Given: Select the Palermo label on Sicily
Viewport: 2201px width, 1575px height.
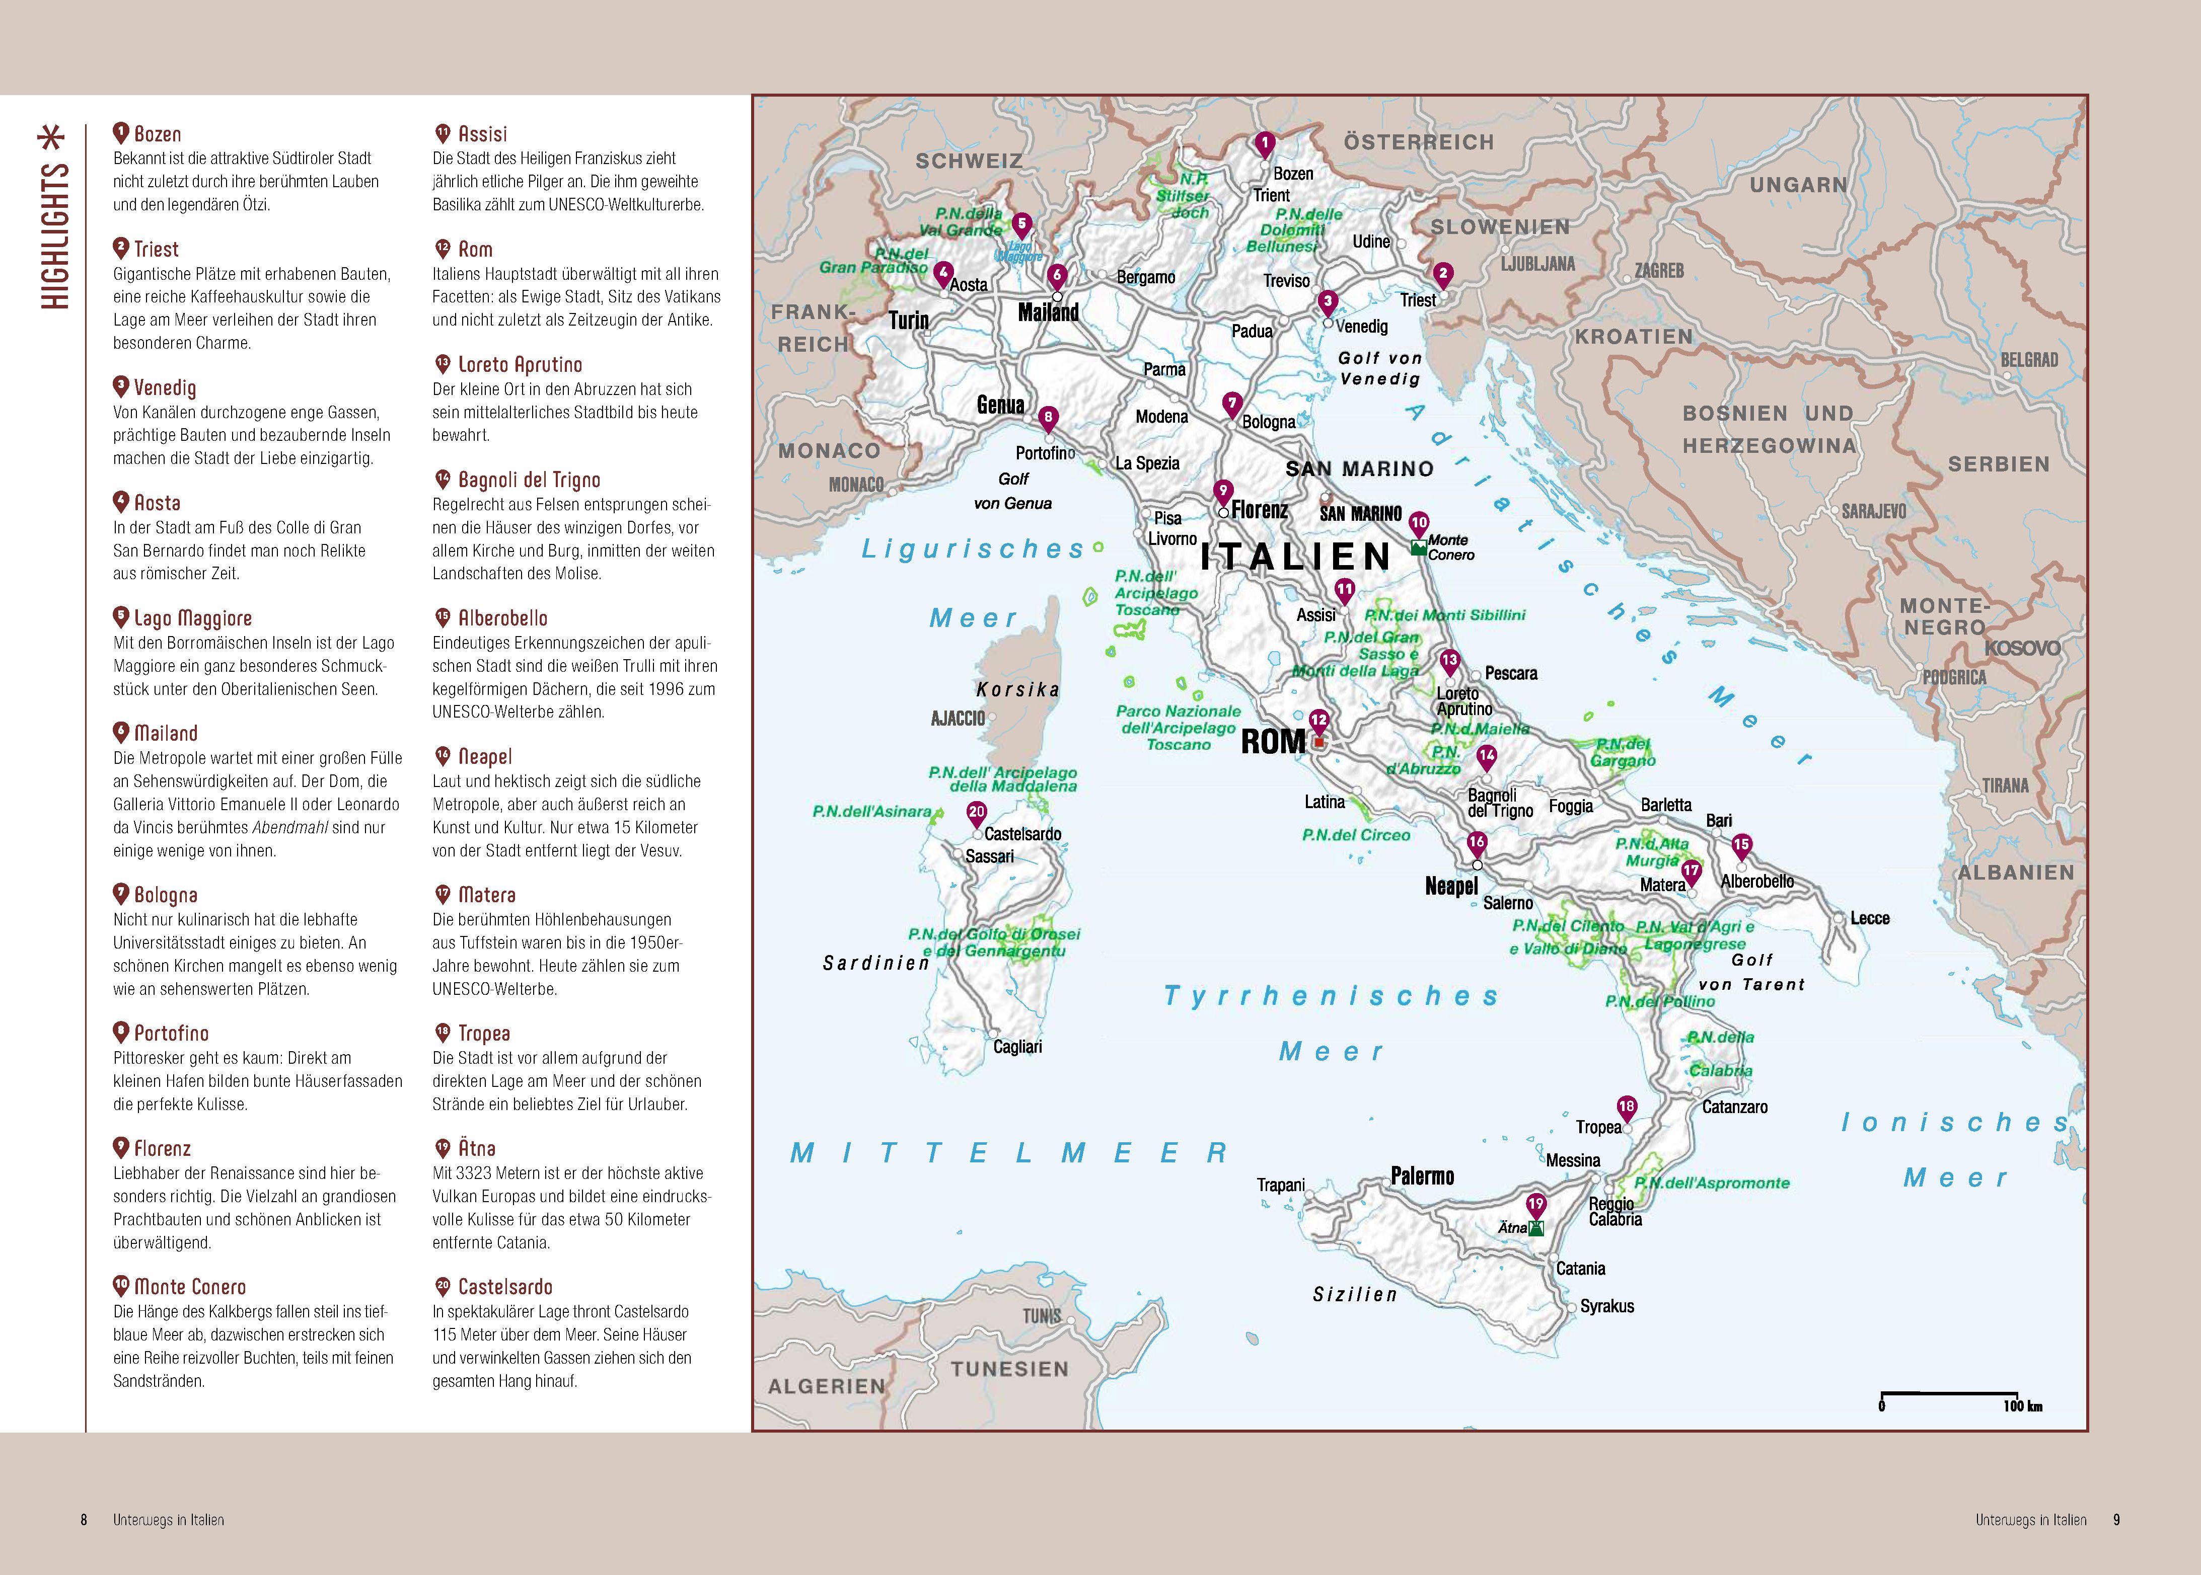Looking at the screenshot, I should [x=1422, y=1176].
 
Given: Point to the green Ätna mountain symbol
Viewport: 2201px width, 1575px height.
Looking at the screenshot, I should [x=1535, y=1228].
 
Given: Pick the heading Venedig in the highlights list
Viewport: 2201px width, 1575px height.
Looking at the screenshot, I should [x=165, y=388].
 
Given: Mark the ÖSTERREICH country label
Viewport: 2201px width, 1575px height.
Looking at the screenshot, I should [x=1418, y=142].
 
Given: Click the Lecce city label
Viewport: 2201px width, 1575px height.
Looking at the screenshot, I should [x=1869, y=918].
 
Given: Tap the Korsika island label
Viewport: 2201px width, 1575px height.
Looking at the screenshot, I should [x=1017, y=689].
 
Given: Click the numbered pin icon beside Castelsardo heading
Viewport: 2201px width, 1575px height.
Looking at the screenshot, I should [x=443, y=1286].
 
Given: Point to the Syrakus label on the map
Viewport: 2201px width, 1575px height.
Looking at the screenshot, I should [x=1607, y=1306].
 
